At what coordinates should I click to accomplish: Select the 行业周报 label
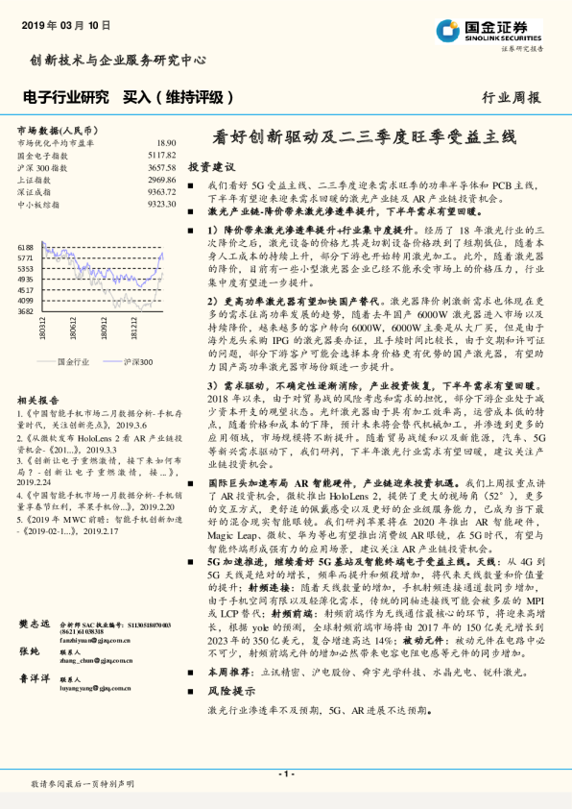(511, 98)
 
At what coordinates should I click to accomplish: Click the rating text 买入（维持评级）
(180, 97)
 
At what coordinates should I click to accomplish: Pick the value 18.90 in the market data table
(166, 142)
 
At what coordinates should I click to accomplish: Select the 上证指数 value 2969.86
(162, 180)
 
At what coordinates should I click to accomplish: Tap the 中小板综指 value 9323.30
(162, 204)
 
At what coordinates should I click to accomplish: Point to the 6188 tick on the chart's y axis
(25, 248)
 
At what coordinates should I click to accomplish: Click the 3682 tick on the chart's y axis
(25, 311)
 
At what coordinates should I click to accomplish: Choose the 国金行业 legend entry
(72, 361)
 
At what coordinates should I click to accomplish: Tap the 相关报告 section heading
(38, 400)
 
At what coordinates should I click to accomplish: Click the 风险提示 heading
(228, 691)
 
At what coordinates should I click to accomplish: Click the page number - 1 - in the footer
(285, 773)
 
